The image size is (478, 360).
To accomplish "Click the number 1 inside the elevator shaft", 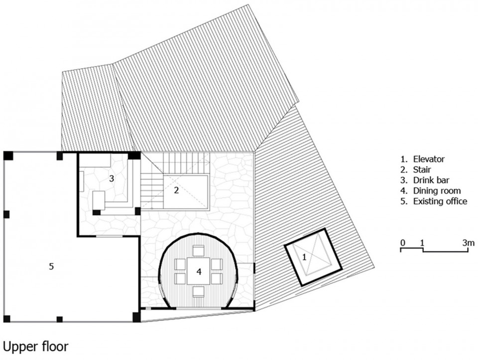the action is tap(304, 257).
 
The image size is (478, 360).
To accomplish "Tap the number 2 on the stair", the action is tap(176, 190).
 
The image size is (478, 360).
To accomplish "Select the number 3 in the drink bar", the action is tap(112, 178).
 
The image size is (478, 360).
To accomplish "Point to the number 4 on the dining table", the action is tap(199, 271).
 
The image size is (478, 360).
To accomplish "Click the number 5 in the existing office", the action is tap(51, 266).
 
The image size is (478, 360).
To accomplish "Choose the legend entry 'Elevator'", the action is tap(429, 159).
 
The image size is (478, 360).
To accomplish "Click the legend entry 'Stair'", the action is tap(422, 169).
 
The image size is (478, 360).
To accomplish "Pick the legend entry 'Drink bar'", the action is tap(431, 180).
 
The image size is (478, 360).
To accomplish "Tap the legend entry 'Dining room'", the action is tap(437, 191).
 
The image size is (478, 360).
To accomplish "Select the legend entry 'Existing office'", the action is tap(440, 201).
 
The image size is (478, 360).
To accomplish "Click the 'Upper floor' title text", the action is tap(35, 347).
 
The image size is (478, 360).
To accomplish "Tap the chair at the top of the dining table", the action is tap(199, 250).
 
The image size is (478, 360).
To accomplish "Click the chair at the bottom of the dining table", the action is tap(199, 292).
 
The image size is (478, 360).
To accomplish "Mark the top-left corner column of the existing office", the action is tap(8, 155).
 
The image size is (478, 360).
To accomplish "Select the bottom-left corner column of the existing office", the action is tap(6, 319).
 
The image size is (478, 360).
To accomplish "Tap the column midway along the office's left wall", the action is tap(6, 214).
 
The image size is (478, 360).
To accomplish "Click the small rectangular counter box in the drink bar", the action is tap(99, 200).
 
